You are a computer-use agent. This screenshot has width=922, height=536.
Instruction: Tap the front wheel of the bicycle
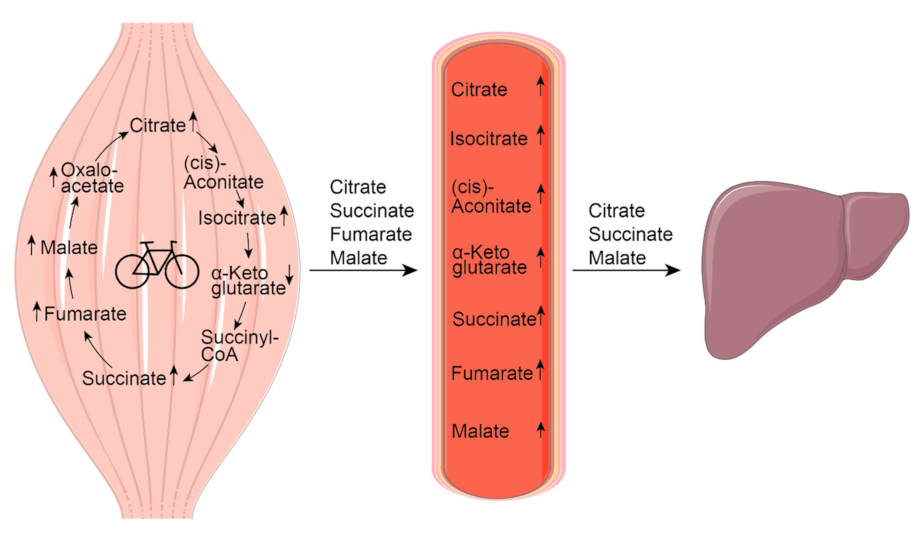point(182,272)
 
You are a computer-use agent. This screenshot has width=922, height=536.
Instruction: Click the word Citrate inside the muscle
point(158,125)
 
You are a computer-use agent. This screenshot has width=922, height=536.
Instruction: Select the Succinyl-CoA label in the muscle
point(239,345)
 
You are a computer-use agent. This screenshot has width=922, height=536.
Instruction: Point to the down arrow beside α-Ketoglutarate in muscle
point(289,274)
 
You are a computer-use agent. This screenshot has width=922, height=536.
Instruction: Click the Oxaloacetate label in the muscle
point(92,178)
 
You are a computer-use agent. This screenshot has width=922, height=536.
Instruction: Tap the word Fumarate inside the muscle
point(85,314)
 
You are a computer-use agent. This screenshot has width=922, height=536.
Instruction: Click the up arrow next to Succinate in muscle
point(173,375)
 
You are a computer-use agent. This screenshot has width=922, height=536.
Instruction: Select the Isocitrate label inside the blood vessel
point(488,138)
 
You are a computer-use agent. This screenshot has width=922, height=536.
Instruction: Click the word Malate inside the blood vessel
point(480,431)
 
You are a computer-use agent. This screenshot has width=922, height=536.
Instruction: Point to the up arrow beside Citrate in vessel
point(540,86)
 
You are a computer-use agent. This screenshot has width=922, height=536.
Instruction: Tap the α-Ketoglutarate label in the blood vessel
point(489,260)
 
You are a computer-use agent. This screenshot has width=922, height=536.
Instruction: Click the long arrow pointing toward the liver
point(626,270)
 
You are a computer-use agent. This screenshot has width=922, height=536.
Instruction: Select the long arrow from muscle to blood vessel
point(363,270)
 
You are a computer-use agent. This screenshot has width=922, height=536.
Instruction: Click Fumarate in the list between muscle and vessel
point(371,234)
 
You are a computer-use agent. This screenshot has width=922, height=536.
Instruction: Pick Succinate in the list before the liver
point(630,234)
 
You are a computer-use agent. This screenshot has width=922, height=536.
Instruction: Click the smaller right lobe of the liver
point(874,233)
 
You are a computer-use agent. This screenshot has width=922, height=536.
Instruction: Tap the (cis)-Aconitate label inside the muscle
point(223,173)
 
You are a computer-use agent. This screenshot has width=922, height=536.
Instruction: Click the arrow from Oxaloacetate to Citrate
point(110,145)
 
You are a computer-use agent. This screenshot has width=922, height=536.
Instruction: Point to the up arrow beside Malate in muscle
point(31,245)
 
